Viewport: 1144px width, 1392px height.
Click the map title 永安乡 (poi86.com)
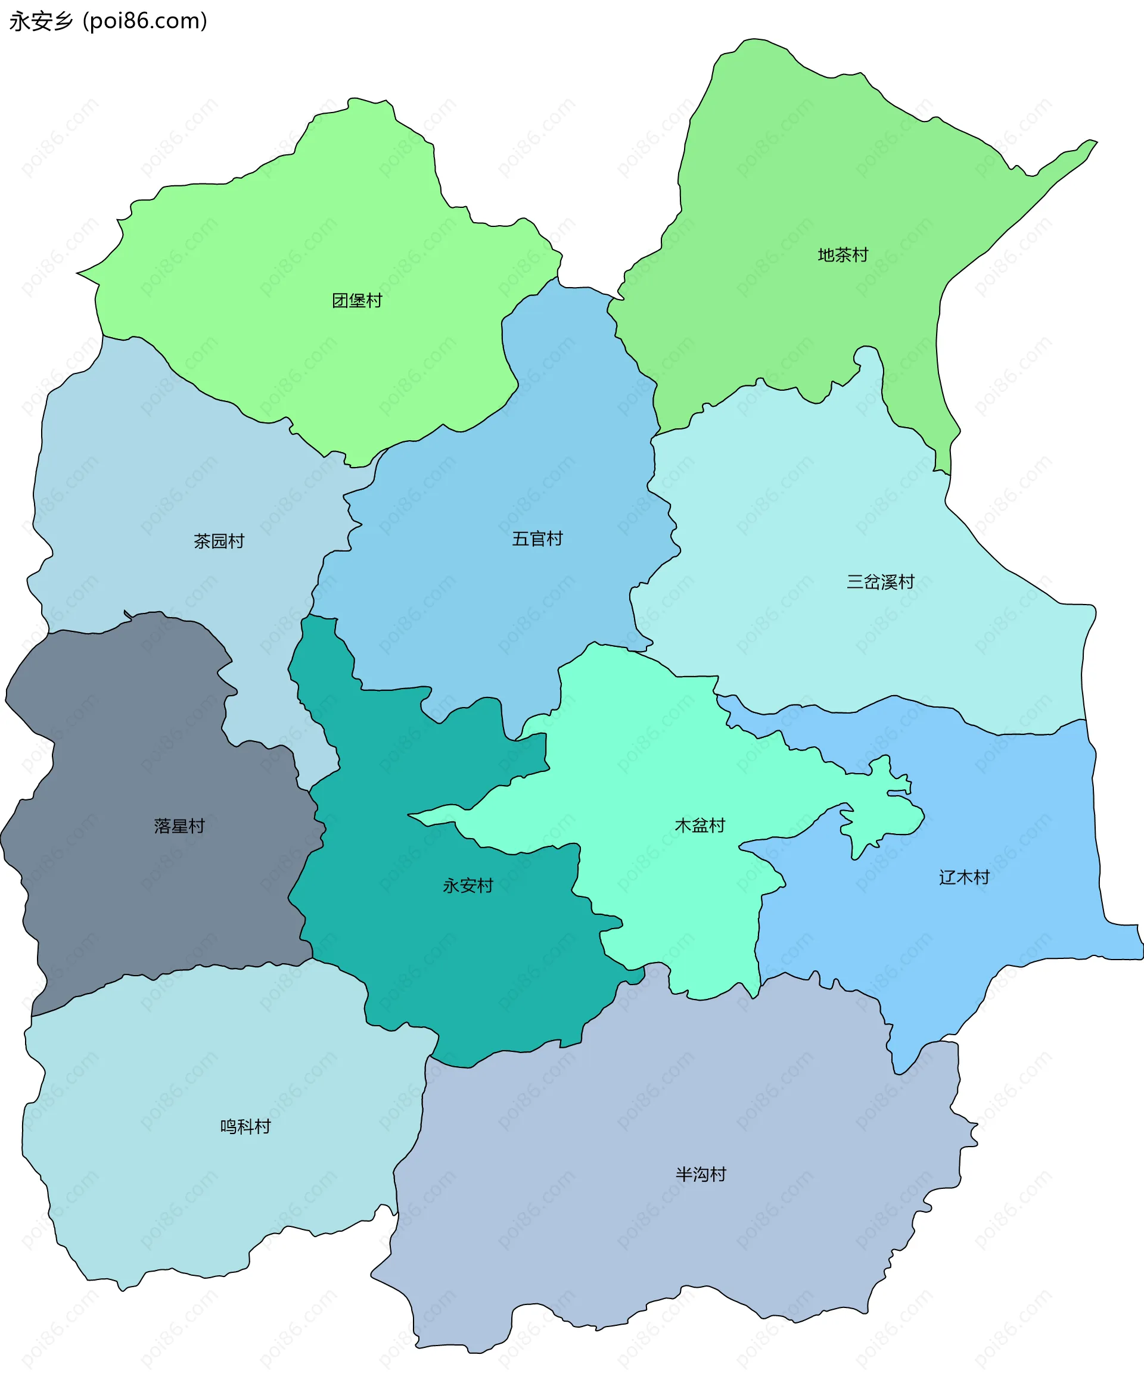coord(108,21)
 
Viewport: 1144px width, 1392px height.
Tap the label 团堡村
coord(356,301)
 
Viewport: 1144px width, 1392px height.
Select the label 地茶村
coord(843,255)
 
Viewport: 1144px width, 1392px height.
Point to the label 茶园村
coord(219,541)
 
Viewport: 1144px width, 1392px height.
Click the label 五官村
coord(537,539)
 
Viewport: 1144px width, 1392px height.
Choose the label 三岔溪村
coord(881,582)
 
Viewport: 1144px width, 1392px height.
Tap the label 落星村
coord(179,826)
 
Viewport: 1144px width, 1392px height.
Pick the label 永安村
coord(468,885)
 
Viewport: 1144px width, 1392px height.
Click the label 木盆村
coord(700,826)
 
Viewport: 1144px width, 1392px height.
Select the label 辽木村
coord(964,877)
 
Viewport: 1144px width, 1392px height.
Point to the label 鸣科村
coord(245,1126)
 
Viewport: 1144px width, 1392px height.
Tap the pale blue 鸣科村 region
coord(198,1186)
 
